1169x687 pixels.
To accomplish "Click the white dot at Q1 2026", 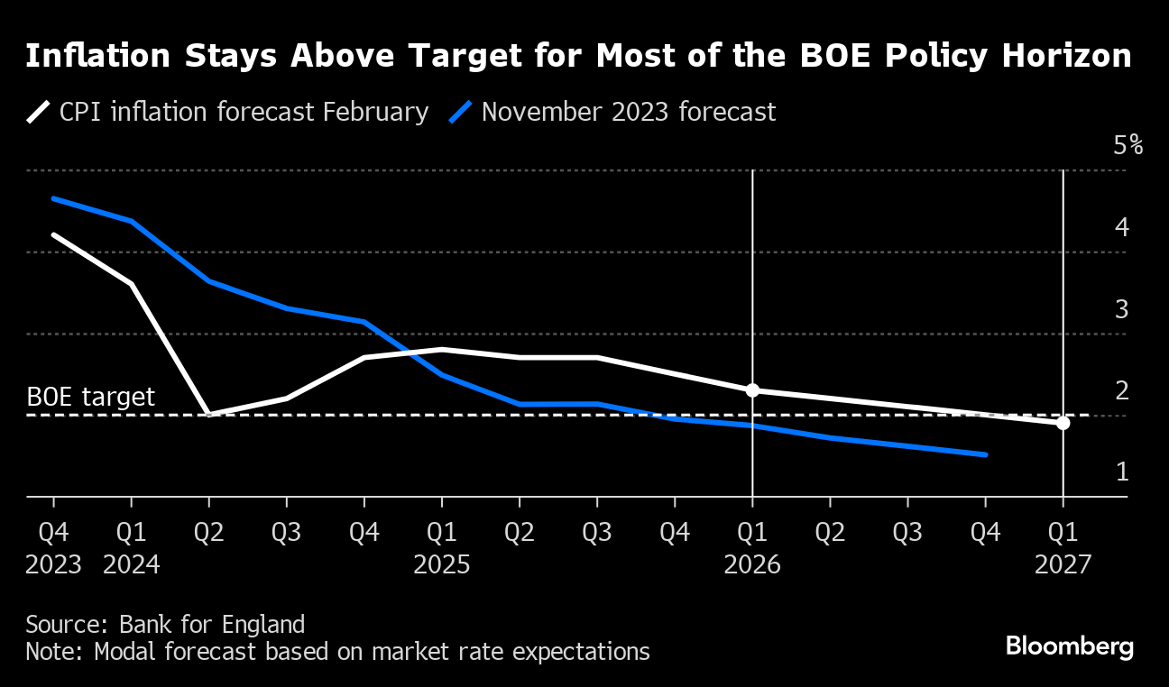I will [x=752, y=390].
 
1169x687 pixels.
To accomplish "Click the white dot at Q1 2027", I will [x=1063, y=423].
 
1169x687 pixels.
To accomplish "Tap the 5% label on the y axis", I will [x=1128, y=145].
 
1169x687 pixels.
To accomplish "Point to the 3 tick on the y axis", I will [x=1122, y=309].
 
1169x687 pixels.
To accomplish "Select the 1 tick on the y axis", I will [x=1122, y=472].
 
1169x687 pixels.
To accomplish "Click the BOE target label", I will [x=90, y=397].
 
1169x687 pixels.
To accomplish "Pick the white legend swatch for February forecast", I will [x=39, y=113].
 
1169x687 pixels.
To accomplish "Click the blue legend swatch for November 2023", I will [x=461, y=113].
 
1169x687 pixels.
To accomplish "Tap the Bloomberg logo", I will [x=1069, y=646].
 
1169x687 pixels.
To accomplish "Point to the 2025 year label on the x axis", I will [x=442, y=565].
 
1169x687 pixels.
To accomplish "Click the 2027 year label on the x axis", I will [x=1063, y=565].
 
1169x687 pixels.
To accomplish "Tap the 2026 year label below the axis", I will [x=752, y=565].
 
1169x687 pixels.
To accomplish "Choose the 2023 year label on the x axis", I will [x=53, y=565].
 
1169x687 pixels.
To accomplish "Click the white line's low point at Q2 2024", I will [x=209, y=415].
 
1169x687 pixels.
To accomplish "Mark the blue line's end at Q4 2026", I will [x=986, y=454].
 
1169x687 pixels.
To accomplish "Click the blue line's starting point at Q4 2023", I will [x=53, y=198].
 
